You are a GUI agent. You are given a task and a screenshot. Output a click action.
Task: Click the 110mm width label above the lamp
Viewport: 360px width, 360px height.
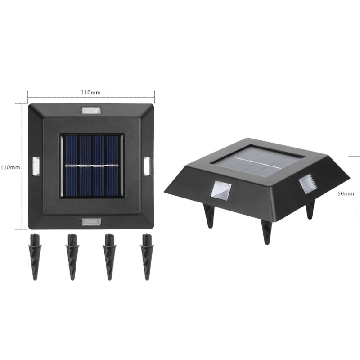click(x=90, y=92)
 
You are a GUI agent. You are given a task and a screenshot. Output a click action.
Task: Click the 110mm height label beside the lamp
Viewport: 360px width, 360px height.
click(x=10, y=167)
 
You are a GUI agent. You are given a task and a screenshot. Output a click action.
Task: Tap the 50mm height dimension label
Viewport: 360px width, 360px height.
click(x=346, y=193)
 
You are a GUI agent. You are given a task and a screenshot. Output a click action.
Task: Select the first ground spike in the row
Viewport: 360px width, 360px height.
click(x=35, y=257)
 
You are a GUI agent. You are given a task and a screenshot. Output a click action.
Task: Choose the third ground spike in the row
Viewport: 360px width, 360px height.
click(x=108, y=257)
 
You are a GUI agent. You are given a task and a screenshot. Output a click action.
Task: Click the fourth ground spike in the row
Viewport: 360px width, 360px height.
click(x=145, y=257)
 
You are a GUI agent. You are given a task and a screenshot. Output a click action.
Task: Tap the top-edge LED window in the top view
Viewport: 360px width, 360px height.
click(x=91, y=110)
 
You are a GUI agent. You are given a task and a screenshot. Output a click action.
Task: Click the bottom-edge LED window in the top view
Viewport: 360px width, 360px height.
click(x=91, y=221)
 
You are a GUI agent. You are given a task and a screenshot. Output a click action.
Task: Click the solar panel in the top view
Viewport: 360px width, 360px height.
click(x=91, y=165)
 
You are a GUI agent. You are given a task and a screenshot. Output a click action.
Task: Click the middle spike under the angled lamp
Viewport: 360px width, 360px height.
click(x=266, y=232)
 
